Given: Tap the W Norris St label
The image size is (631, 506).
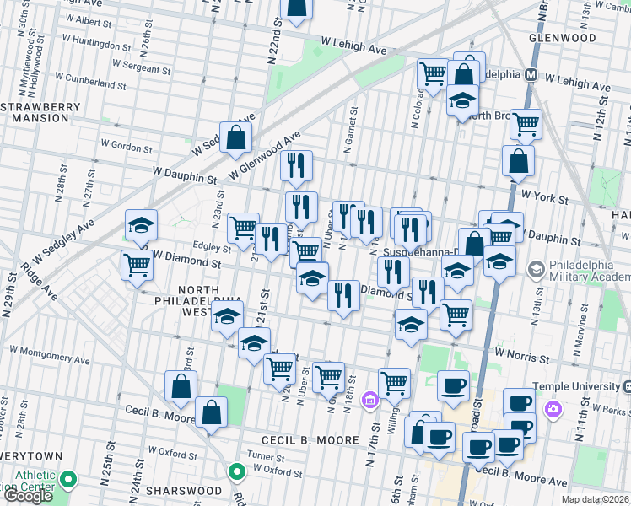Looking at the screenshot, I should click(x=521, y=357).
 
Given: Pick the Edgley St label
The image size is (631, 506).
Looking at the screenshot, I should click(x=212, y=249).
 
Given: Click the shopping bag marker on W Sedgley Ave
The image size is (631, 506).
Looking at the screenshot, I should click(x=235, y=137).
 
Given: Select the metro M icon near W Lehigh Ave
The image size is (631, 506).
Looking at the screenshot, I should click(x=531, y=74).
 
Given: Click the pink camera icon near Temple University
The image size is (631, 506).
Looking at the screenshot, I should click(x=553, y=410).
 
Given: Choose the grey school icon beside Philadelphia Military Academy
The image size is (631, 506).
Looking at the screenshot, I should click(x=535, y=270).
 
